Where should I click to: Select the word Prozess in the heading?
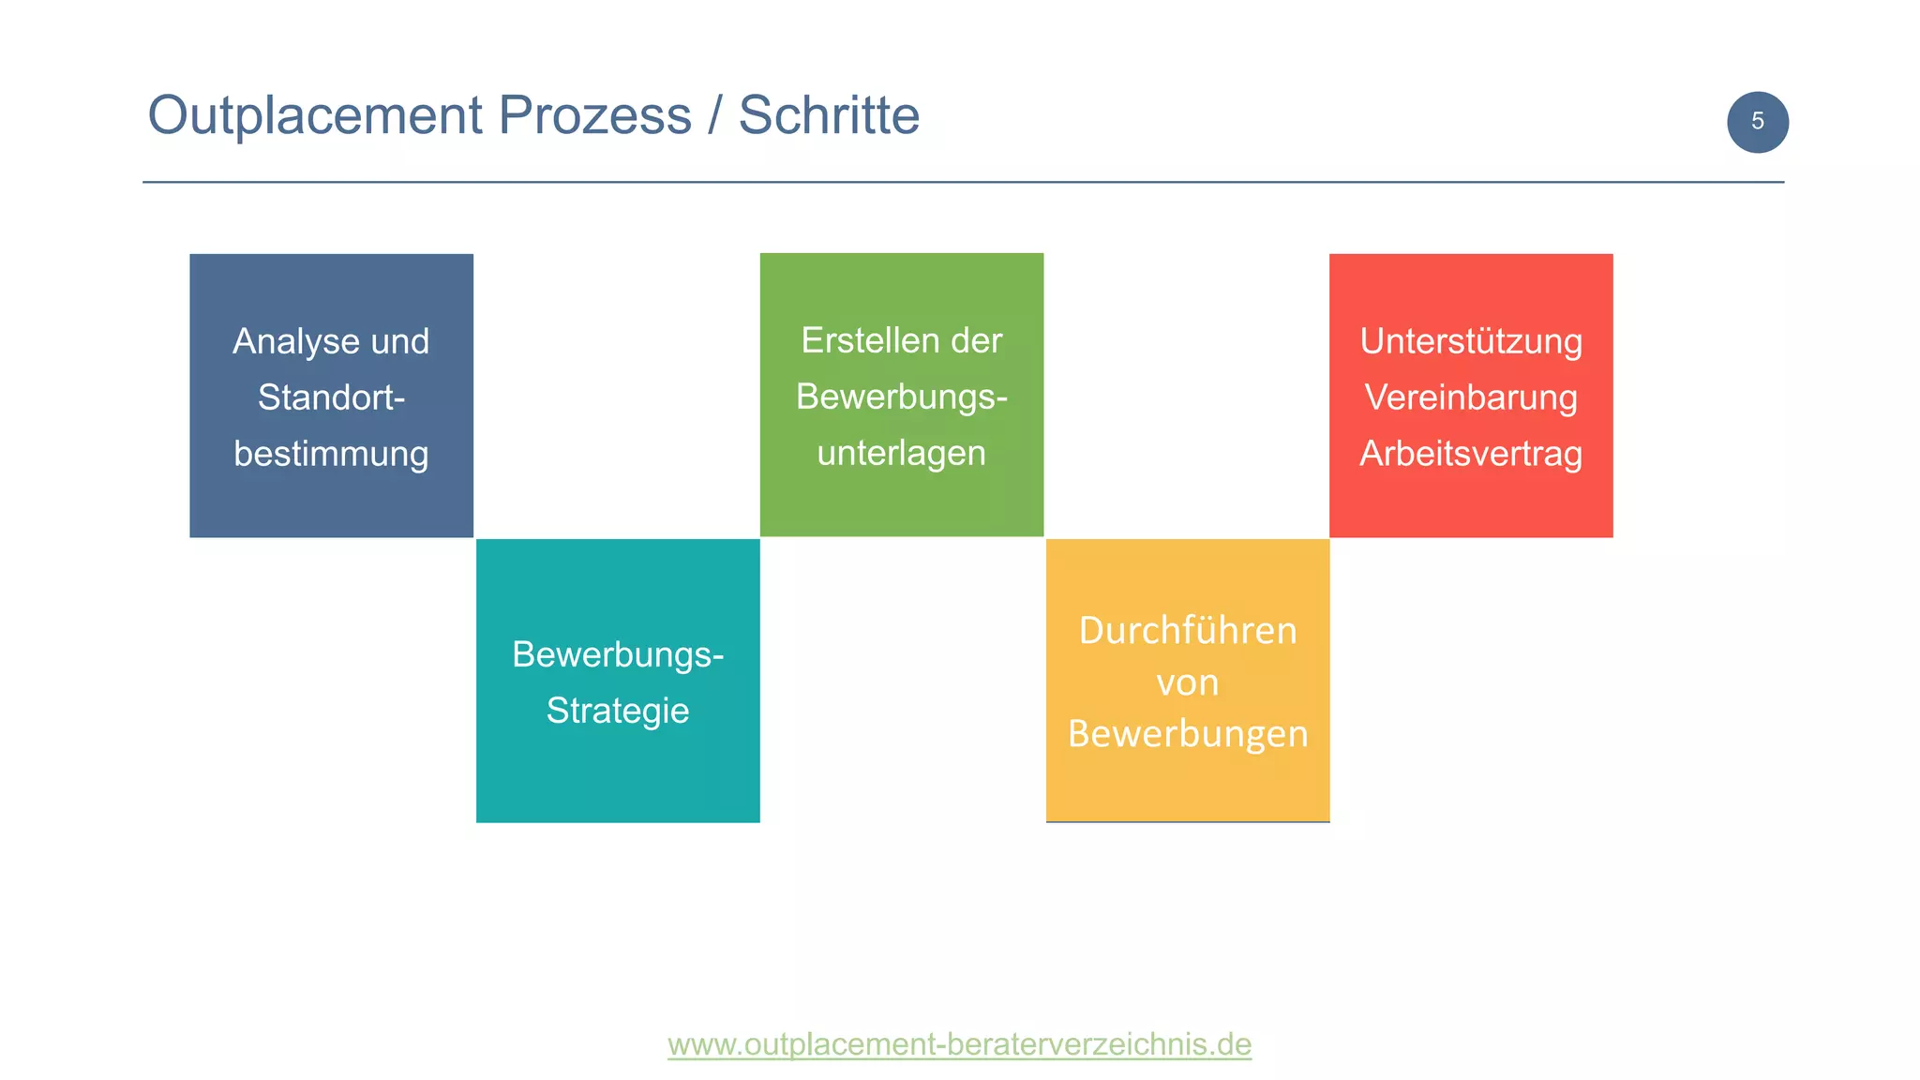tap(594, 116)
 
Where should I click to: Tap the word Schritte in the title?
tap(829, 116)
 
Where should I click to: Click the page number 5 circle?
tap(1757, 122)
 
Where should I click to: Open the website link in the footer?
tap(959, 1043)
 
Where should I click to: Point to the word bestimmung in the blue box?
tap(331, 454)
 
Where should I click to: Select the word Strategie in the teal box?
tap(618, 711)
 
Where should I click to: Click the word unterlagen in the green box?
tap(901, 453)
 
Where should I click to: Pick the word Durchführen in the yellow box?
tap(1187, 630)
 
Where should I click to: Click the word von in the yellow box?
tap(1187, 682)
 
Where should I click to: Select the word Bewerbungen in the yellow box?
tap(1187, 734)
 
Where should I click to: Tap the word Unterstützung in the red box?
tap(1471, 341)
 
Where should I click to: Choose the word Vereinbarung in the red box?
tap(1471, 397)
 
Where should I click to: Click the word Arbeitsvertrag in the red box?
tap(1471, 454)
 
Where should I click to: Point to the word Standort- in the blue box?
tap(331, 397)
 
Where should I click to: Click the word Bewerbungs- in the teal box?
tap(618, 654)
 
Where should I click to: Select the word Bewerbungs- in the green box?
tap(901, 397)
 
